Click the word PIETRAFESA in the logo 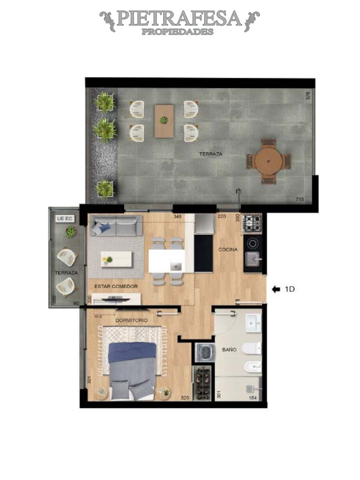[x=179, y=19]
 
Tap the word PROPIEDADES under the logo [x=178, y=31]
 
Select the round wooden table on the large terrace [x=268, y=161]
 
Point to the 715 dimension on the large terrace [x=300, y=199]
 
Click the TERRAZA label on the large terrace [x=211, y=154]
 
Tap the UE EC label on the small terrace [x=63, y=218]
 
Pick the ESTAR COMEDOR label [x=116, y=286]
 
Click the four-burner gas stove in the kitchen [x=252, y=223]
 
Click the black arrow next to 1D [x=276, y=290]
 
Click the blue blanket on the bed [x=132, y=352]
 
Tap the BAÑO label [x=229, y=350]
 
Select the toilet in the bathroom [x=252, y=349]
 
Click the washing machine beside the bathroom [x=203, y=353]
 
